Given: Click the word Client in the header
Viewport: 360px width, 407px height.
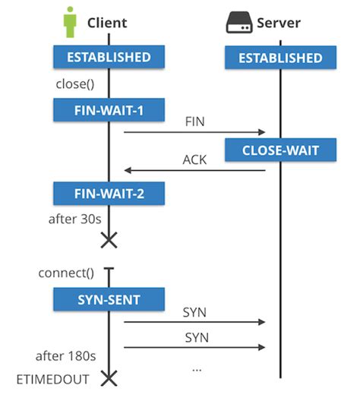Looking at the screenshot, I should click(x=107, y=22).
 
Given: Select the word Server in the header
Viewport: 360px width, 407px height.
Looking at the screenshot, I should click(x=279, y=22).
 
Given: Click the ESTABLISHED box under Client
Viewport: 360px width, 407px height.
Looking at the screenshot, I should click(x=109, y=57).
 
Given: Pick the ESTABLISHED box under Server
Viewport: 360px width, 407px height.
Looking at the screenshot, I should click(x=280, y=58).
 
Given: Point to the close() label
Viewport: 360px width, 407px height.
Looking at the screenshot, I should click(x=74, y=84).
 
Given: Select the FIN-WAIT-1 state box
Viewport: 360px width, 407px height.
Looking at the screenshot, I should click(x=109, y=111).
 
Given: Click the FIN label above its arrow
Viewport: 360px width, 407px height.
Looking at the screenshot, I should click(x=195, y=121).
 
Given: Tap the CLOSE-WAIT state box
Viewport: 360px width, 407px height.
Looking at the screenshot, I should click(x=280, y=150).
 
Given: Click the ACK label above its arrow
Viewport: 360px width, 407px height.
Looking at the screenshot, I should click(x=194, y=159).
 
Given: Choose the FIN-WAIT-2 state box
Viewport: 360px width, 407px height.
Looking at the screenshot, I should click(x=109, y=193).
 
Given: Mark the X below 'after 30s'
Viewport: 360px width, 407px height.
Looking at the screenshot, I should click(x=109, y=240).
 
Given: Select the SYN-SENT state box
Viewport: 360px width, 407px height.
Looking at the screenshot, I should click(x=109, y=299).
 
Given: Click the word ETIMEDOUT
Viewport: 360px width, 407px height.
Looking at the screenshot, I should click(x=55, y=378).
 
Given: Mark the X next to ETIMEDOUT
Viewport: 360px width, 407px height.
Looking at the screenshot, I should click(x=109, y=377).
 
